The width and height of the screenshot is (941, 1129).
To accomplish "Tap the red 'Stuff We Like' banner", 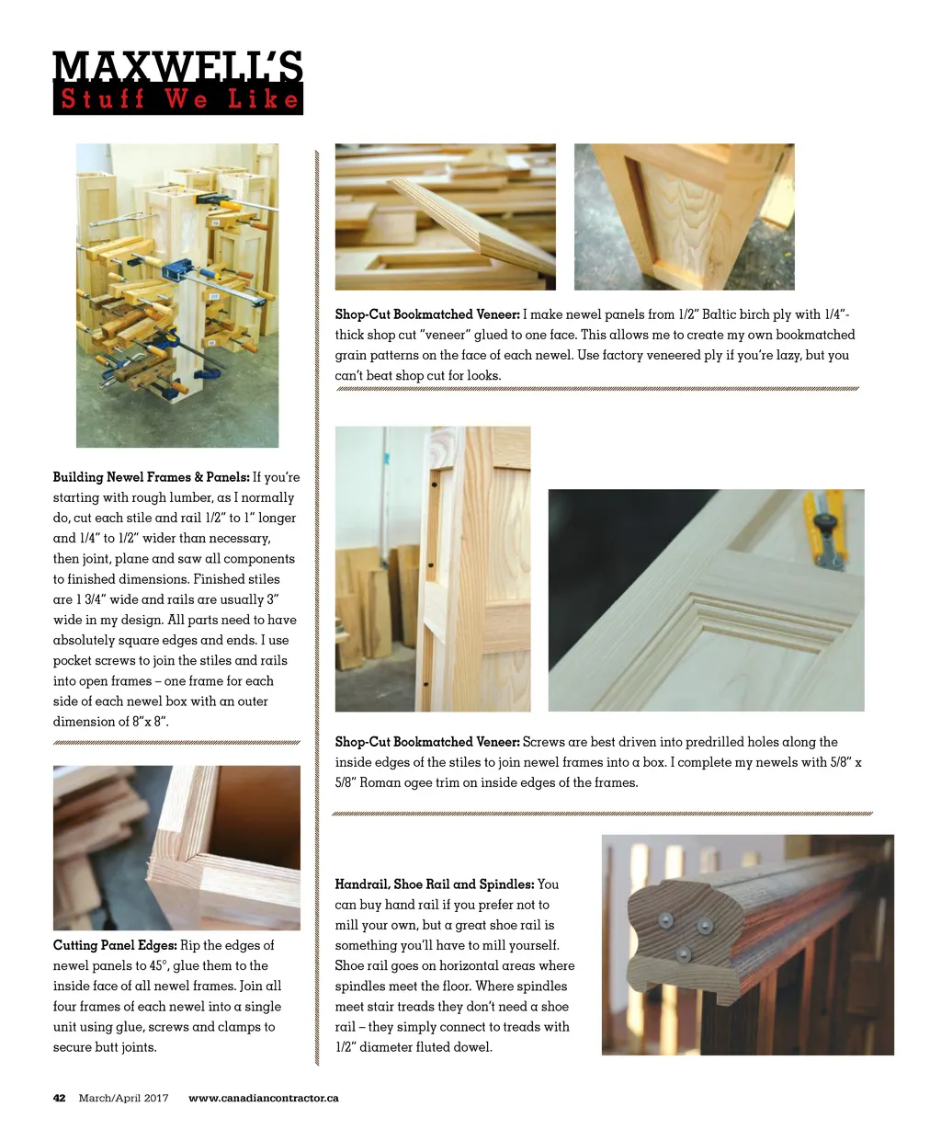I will tap(177, 99).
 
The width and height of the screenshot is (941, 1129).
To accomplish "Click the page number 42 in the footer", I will tap(60, 1098).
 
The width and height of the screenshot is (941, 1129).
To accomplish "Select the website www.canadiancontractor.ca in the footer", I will tap(263, 1098).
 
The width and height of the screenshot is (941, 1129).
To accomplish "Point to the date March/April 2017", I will tap(124, 1098).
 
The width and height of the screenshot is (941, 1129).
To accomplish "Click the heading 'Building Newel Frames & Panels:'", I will tap(151, 477).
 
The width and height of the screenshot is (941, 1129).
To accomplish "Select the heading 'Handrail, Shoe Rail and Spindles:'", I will tap(434, 884).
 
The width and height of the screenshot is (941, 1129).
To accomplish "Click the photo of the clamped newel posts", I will tap(177, 295).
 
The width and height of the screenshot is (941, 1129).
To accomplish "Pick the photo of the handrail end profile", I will tap(747, 944).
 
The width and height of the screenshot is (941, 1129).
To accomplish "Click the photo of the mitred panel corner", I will tap(176, 847).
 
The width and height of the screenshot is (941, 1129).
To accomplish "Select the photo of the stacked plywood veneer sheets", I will tap(445, 217).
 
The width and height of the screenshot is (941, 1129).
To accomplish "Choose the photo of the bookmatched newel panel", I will tap(684, 217).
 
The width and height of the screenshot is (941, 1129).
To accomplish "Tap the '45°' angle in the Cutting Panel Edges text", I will tap(156, 965).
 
